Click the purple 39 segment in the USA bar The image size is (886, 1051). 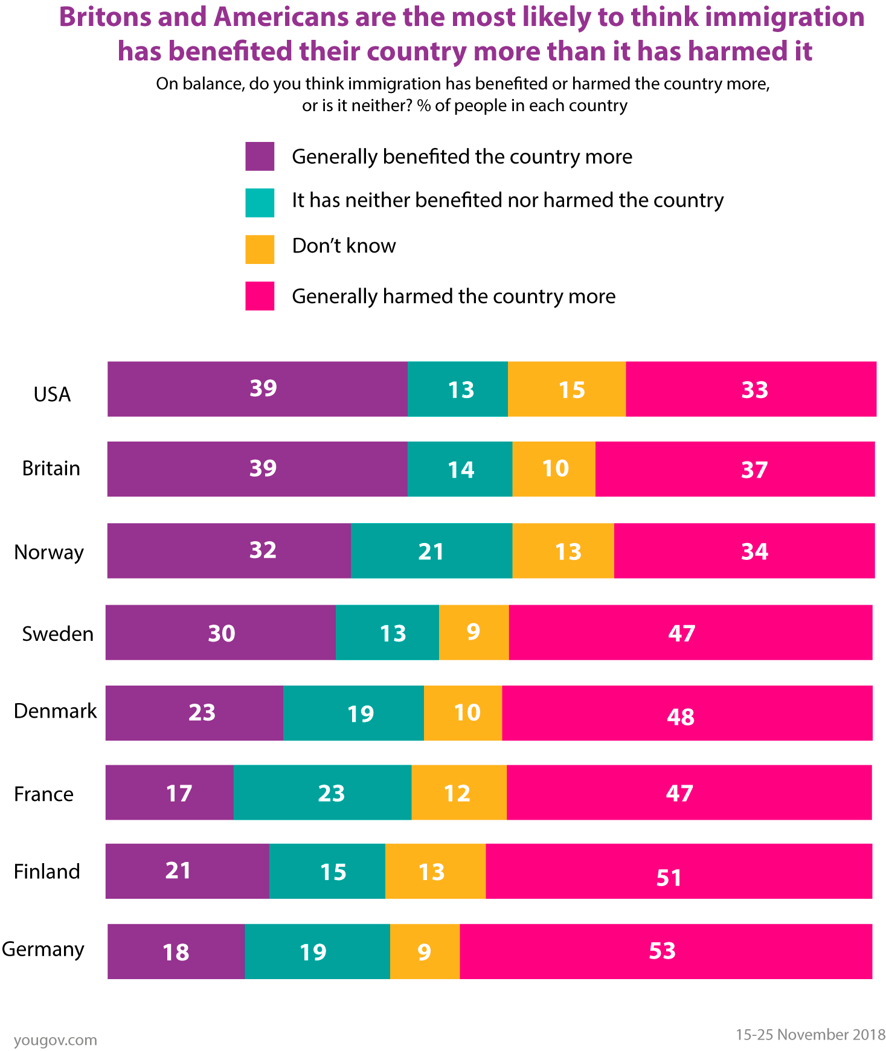coord(257,389)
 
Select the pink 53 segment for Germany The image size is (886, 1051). coord(666,951)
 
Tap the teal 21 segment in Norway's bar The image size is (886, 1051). coord(431,551)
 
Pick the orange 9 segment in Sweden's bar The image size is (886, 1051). coord(473,632)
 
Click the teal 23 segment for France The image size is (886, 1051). coord(323,792)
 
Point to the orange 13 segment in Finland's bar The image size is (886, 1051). coord(435,871)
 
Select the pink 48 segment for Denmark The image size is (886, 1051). coord(687,713)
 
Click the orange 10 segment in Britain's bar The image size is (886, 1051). coord(553,469)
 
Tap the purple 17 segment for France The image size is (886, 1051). coord(169,792)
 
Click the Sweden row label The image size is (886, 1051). coord(58,634)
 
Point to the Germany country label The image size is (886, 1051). coord(43,950)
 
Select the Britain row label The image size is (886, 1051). coord(51,469)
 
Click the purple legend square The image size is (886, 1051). coord(260,156)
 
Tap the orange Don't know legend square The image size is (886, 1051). coord(260,249)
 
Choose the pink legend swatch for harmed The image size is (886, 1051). coord(260,296)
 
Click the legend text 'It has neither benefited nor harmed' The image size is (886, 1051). coord(507,200)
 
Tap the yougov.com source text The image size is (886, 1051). coord(55,1040)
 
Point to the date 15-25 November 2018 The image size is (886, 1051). coord(810,1035)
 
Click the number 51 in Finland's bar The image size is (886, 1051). coord(669,878)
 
